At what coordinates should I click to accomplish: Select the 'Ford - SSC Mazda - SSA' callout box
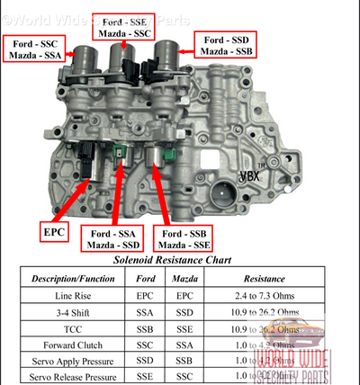(x=35, y=49)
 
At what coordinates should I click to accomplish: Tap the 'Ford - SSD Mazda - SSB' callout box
(x=231, y=46)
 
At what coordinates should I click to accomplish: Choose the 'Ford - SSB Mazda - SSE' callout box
(x=185, y=238)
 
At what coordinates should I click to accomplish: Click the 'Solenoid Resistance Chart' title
(x=178, y=260)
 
